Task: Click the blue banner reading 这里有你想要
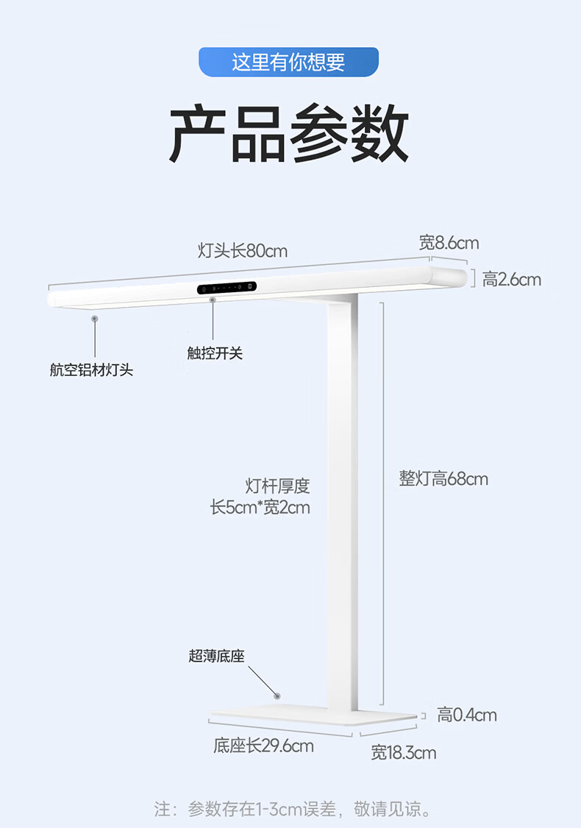tap(288, 62)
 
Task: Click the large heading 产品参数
tap(289, 135)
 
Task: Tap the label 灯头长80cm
tap(243, 251)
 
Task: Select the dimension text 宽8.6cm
tap(449, 243)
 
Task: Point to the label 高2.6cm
tap(512, 280)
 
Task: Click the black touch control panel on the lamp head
tap(227, 288)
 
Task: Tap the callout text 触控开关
tap(215, 353)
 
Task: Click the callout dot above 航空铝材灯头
tap(94, 319)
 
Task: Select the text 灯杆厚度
tap(277, 486)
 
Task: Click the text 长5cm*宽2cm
tap(260, 507)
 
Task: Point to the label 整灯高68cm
tap(443, 479)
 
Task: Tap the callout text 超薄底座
tap(216, 656)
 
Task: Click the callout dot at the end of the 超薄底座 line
tap(277, 696)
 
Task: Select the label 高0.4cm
tap(467, 715)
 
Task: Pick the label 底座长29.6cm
tap(263, 746)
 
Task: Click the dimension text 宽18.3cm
tap(403, 752)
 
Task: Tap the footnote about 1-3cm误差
tap(293, 810)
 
